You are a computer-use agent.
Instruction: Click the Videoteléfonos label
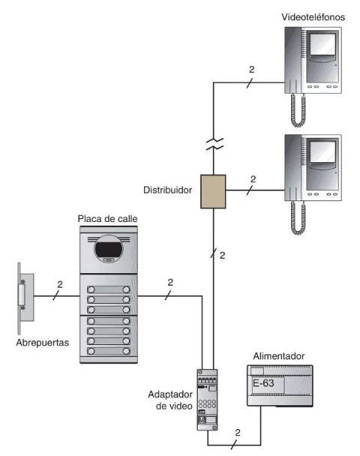point(313,17)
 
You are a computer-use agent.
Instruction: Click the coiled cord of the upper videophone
point(298,110)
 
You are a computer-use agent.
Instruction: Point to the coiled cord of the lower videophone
point(298,218)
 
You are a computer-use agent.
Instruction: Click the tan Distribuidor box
point(213,191)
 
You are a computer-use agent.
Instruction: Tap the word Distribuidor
point(167,190)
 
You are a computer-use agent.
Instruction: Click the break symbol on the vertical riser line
point(214,144)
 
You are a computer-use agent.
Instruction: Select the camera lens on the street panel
point(109,249)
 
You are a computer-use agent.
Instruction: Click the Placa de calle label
point(107,219)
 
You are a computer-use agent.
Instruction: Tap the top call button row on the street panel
point(109,289)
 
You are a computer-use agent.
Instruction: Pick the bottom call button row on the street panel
point(109,351)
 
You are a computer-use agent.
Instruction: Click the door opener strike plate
point(25,298)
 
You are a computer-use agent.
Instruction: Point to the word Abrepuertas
point(43,343)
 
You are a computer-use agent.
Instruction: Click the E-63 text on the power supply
point(263,383)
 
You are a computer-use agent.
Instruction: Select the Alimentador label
point(279,356)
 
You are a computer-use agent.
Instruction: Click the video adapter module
point(207,400)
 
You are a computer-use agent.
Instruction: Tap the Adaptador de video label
point(170,400)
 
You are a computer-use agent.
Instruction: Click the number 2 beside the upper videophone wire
point(251,70)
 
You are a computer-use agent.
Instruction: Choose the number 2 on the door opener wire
point(60,284)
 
